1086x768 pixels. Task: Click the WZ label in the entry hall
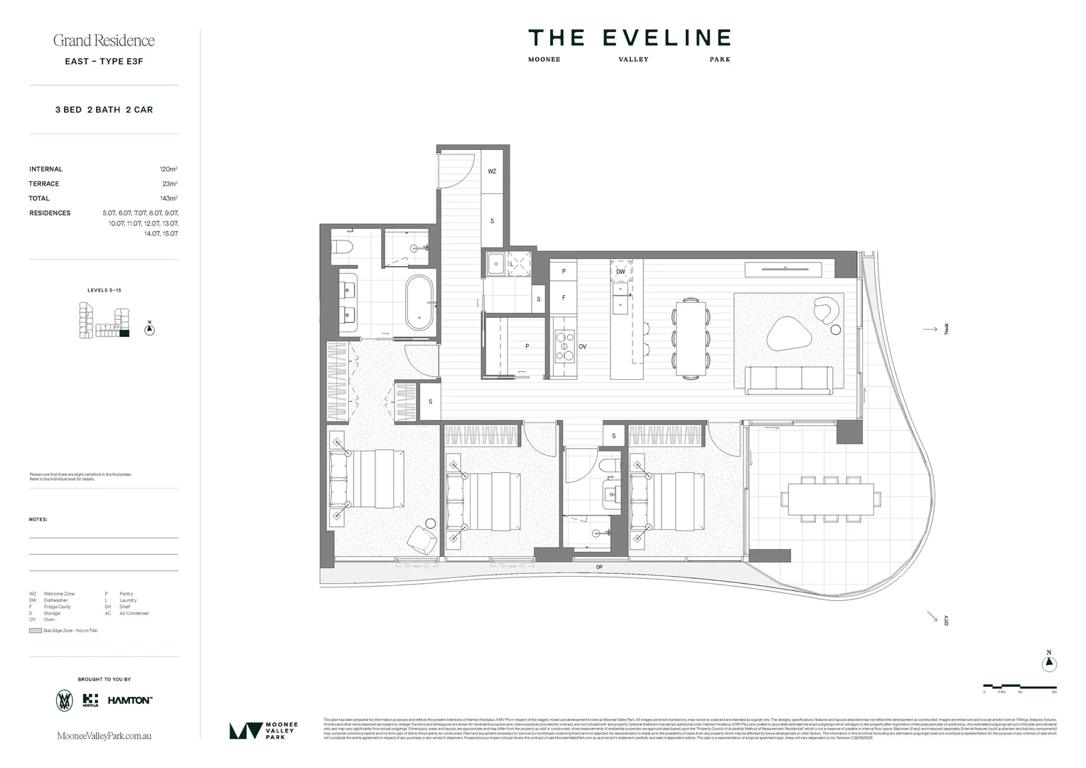pyautogui.click(x=492, y=171)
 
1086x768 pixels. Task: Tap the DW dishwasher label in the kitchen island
pyautogui.click(x=620, y=272)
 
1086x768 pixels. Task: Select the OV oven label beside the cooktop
pyautogui.click(x=582, y=346)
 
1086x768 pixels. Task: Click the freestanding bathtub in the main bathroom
pyautogui.click(x=419, y=303)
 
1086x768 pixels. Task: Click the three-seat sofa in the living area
pyautogui.click(x=789, y=380)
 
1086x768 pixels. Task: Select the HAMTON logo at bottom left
pyautogui.click(x=129, y=700)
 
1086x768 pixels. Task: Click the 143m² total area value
pyautogui.click(x=168, y=198)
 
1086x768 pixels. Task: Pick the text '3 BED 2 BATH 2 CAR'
pyautogui.click(x=104, y=110)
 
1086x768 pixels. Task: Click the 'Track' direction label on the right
pyautogui.click(x=947, y=329)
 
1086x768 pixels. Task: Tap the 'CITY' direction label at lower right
pyautogui.click(x=947, y=620)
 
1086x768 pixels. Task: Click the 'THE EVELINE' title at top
pyautogui.click(x=629, y=38)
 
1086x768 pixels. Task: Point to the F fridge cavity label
pyautogui.click(x=564, y=297)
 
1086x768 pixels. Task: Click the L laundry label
pyautogui.click(x=511, y=265)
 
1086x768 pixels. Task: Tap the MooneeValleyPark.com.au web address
pyautogui.click(x=104, y=736)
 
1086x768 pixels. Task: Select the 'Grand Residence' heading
pyautogui.click(x=104, y=41)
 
